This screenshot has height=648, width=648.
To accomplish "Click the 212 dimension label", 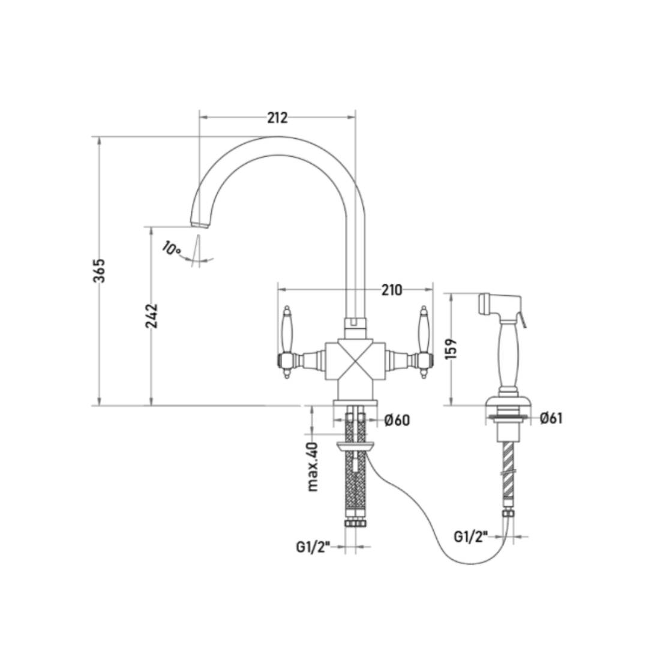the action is point(277,118).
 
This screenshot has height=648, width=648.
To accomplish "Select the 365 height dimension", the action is point(99,271).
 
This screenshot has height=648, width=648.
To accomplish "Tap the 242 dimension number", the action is point(152,316).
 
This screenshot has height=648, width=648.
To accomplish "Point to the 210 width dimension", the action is point(391,290).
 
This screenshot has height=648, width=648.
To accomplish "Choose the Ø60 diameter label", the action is point(397,420).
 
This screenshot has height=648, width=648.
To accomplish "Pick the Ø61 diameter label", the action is point(551,418).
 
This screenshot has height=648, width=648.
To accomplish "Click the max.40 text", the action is point(313,467).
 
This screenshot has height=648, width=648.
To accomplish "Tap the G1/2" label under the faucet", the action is point(313,547).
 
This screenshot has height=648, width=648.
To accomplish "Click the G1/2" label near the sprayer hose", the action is point(471,536).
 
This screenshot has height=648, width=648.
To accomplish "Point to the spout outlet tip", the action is point(200,224).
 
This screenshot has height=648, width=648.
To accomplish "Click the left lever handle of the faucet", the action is point(287,342).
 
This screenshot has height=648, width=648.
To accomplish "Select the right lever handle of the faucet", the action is point(423,342).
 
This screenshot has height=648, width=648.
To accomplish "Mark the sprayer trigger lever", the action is point(523,320).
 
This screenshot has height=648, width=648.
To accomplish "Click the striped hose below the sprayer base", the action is point(508,470).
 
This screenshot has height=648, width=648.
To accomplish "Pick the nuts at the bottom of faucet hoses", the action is point(355,523).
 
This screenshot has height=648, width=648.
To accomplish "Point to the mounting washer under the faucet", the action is point(355,446).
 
